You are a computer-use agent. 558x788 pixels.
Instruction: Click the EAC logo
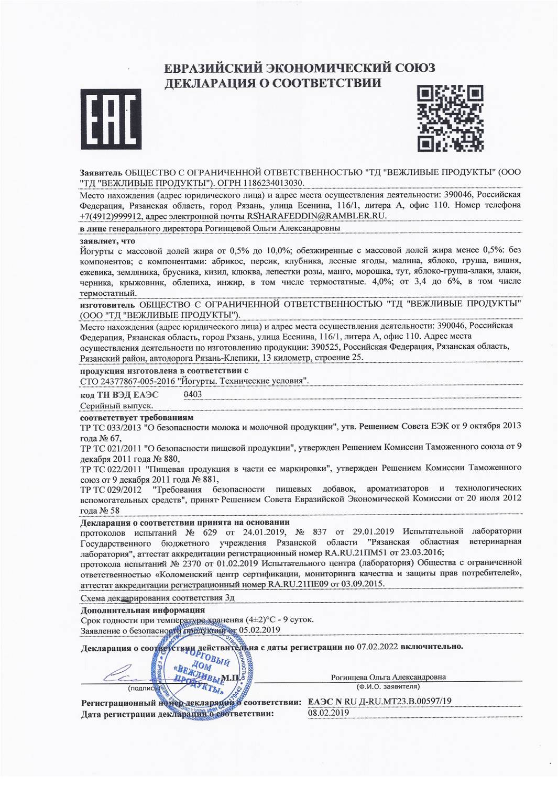point(111,120)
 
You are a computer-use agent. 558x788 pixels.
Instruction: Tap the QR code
point(451,118)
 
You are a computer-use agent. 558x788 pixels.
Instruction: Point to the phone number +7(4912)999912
point(109,216)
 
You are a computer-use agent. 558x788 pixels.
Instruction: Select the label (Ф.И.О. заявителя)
point(388,686)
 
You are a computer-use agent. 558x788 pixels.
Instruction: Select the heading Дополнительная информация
point(143,610)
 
